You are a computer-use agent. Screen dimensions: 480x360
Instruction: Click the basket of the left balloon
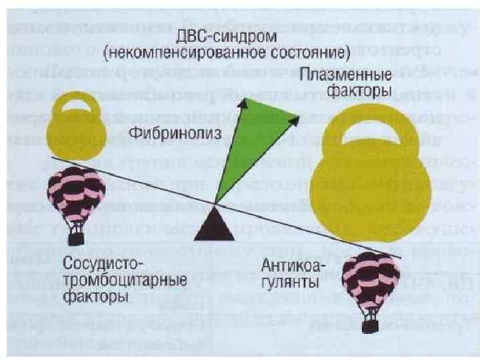(x=78, y=238)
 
